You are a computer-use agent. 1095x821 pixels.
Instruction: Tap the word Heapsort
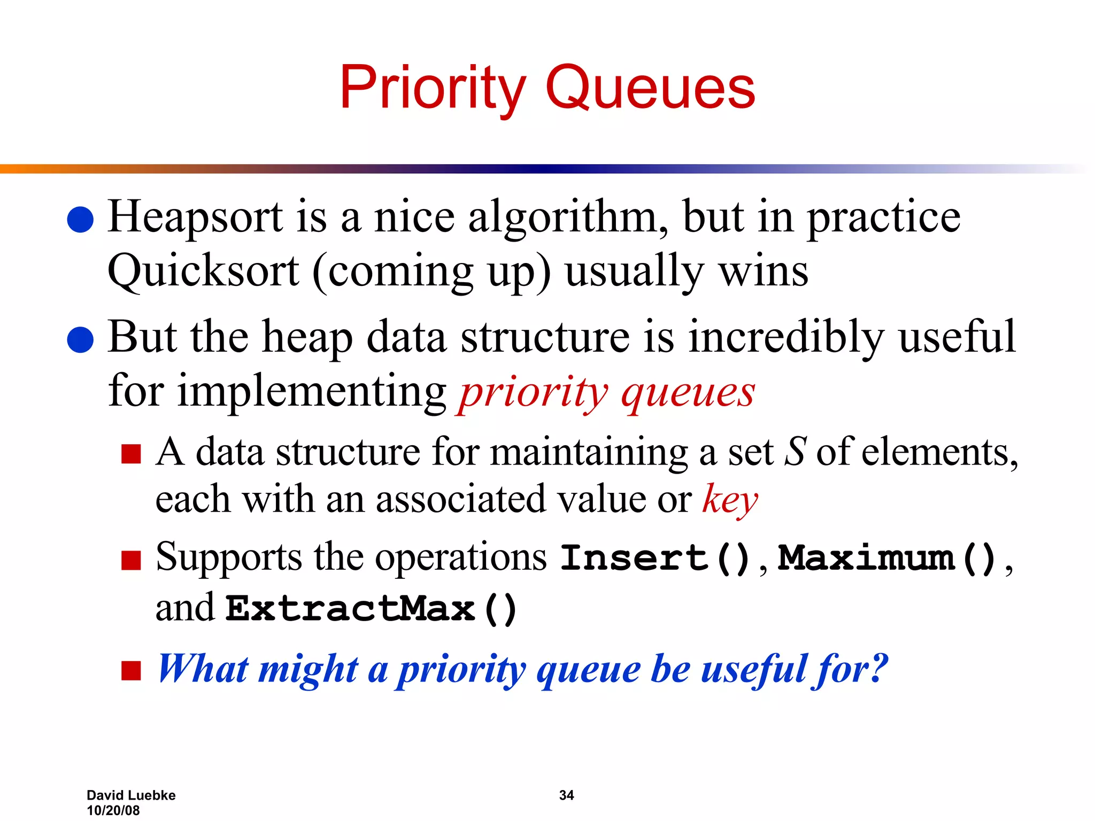click(x=195, y=218)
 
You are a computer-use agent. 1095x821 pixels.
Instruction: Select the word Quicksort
click(x=203, y=272)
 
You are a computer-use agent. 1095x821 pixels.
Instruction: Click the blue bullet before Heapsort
click(x=81, y=220)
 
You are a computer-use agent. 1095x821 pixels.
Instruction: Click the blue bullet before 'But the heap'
click(x=81, y=340)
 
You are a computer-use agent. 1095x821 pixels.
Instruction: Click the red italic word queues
click(x=688, y=393)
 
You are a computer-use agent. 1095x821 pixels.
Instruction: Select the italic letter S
click(x=795, y=452)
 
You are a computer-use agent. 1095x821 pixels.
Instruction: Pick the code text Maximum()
click(x=888, y=559)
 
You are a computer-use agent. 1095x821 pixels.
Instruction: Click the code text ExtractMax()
click(x=372, y=609)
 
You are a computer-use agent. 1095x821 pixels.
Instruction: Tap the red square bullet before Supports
click(x=131, y=561)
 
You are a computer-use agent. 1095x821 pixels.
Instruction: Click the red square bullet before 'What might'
click(x=131, y=670)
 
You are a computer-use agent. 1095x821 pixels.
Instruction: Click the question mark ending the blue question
click(x=877, y=668)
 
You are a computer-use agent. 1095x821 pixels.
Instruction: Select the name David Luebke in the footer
click(x=131, y=795)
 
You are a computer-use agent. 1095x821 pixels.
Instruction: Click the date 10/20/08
click(x=113, y=810)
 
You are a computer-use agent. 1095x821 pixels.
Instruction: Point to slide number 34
click(x=566, y=795)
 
